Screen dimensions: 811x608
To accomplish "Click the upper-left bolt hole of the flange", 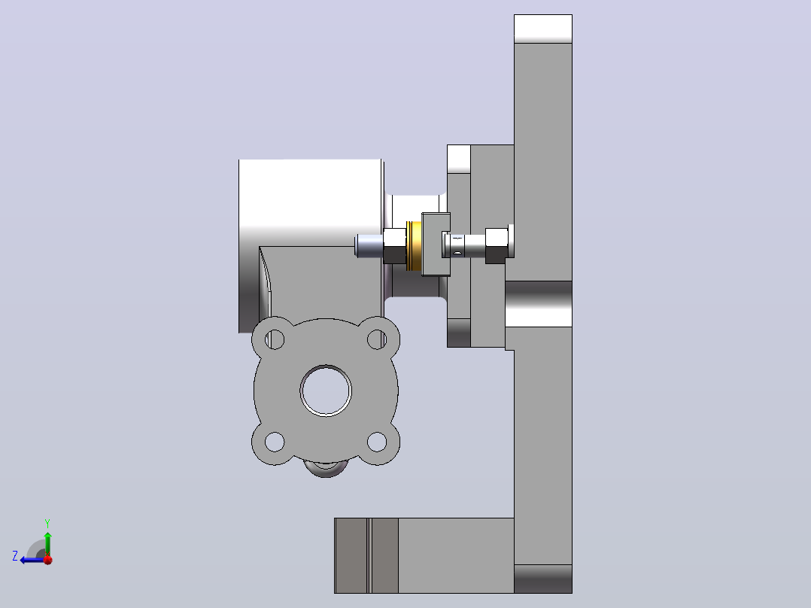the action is click(275, 339).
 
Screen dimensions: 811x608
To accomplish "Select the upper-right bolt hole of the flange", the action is click(377, 339).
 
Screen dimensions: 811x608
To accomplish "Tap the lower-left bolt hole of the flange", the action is click(275, 442).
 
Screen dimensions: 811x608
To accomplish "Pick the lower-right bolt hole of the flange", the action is click(377, 442).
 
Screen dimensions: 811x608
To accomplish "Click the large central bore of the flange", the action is click(326, 391).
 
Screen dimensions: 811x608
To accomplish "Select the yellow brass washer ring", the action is click(414, 246).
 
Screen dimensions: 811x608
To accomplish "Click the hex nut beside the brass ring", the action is click(395, 246).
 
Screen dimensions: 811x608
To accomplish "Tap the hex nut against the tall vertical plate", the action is click(496, 245).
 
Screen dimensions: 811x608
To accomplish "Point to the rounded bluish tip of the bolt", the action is click(369, 245).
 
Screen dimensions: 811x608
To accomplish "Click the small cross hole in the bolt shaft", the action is click(457, 253).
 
